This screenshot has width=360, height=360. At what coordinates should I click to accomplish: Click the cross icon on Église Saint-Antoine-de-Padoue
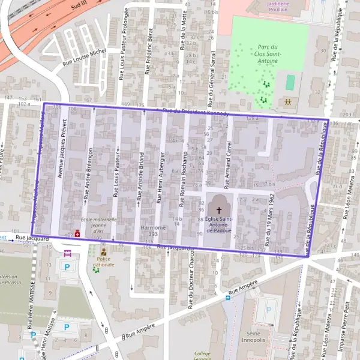(219, 210)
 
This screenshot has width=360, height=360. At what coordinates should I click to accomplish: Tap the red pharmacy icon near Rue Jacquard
(77, 234)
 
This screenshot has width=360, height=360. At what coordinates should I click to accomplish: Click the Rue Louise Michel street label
(83, 58)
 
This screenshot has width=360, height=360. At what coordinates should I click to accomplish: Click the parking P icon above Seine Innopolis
(268, 310)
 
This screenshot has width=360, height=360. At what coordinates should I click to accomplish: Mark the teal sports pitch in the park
(290, 82)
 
